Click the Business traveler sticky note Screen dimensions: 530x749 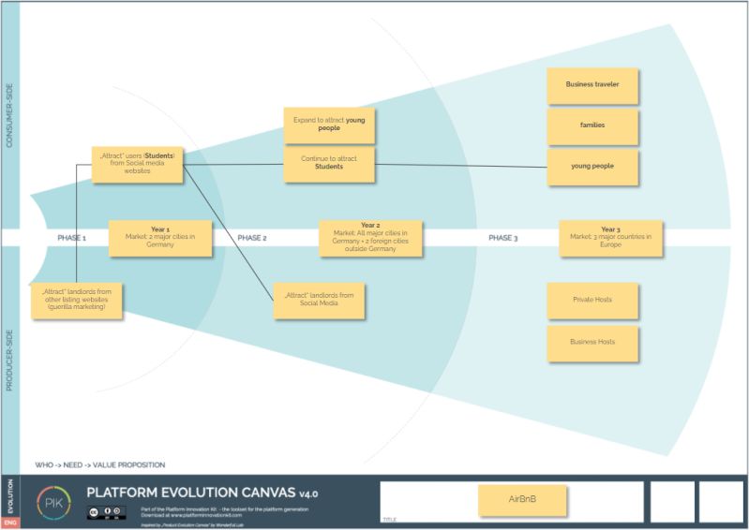click(x=592, y=84)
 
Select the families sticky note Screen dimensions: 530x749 click(x=592, y=125)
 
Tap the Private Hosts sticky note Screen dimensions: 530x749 click(x=592, y=300)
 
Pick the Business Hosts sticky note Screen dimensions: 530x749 click(x=592, y=342)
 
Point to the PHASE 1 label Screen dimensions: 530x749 click(x=71, y=238)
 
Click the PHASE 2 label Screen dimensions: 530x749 click(x=252, y=238)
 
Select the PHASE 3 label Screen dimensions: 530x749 click(x=502, y=238)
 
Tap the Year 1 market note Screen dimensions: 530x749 click(x=160, y=238)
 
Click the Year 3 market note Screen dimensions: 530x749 click(x=610, y=238)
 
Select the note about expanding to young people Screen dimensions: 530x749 click(x=329, y=125)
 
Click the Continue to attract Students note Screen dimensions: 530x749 click(x=329, y=164)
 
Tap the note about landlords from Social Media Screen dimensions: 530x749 click(x=319, y=300)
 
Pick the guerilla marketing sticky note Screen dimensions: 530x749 click(x=78, y=300)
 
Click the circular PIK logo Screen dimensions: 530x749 click(x=53, y=501)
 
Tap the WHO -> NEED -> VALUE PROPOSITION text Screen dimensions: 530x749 click(x=100, y=464)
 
